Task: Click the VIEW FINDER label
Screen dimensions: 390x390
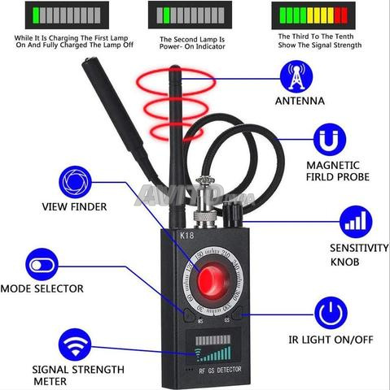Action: point(74,206)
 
